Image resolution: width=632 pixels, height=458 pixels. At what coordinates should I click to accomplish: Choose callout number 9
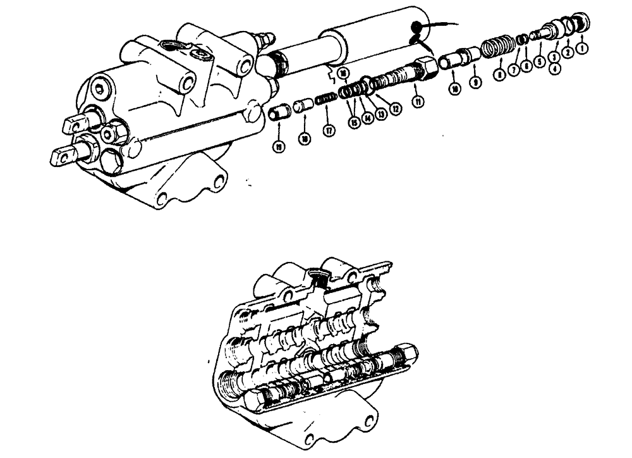tap(474, 82)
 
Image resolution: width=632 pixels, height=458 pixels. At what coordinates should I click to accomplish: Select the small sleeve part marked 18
tap(302, 105)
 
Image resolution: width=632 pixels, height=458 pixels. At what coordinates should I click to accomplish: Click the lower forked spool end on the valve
tap(65, 154)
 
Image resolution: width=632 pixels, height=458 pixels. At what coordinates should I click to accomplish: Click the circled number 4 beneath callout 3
tap(556, 69)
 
